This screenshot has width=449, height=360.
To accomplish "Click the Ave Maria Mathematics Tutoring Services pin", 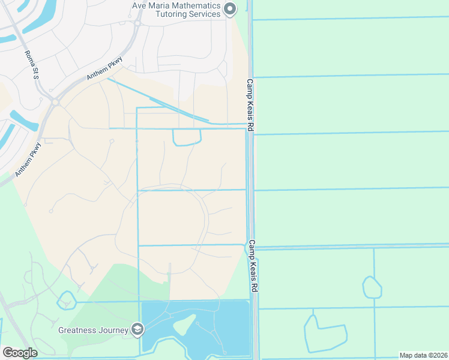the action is [x=229, y=8].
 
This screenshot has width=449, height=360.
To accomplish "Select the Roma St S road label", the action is [x=31, y=65].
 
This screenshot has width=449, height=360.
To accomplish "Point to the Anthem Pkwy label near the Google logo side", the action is [x=28, y=158].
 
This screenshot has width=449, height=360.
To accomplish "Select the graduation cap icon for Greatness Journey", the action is [x=137, y=329].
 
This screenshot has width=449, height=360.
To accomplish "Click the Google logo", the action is [x=20, y=353].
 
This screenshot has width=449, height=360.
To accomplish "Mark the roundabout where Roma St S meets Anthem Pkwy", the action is [x=55, y=102].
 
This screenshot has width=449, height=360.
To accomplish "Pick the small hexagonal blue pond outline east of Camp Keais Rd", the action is [x=372, y=287].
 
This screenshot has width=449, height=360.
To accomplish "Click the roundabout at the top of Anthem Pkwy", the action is [x=137, y=23].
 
